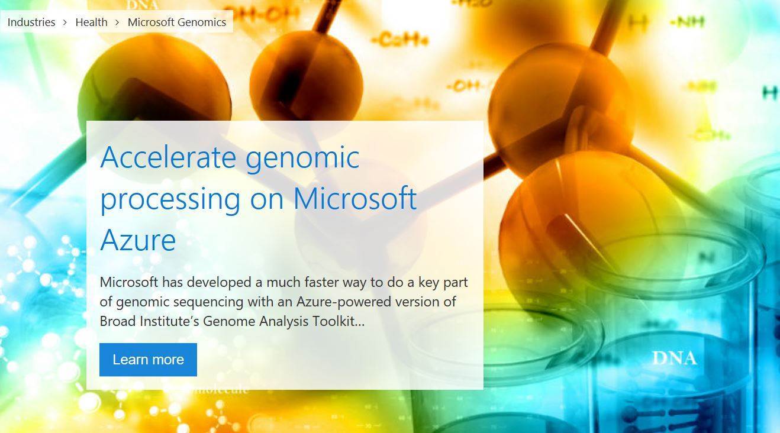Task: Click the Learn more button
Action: [x=148, y=360]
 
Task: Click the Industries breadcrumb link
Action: [x=31, y=22]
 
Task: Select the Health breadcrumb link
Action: [x=91, y=22]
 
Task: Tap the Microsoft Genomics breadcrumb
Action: [x=177, y=22]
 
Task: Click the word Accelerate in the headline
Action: [x=168, y=157]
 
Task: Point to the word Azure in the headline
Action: [x=138, y=240]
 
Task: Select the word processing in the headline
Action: [x=170, y=199]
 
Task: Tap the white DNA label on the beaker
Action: [x=674, y=358]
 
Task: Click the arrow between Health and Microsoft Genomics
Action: [x=117, y=22]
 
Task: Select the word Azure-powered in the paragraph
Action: [x=337, y=302]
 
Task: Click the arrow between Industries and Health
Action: [x=65, y=22]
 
